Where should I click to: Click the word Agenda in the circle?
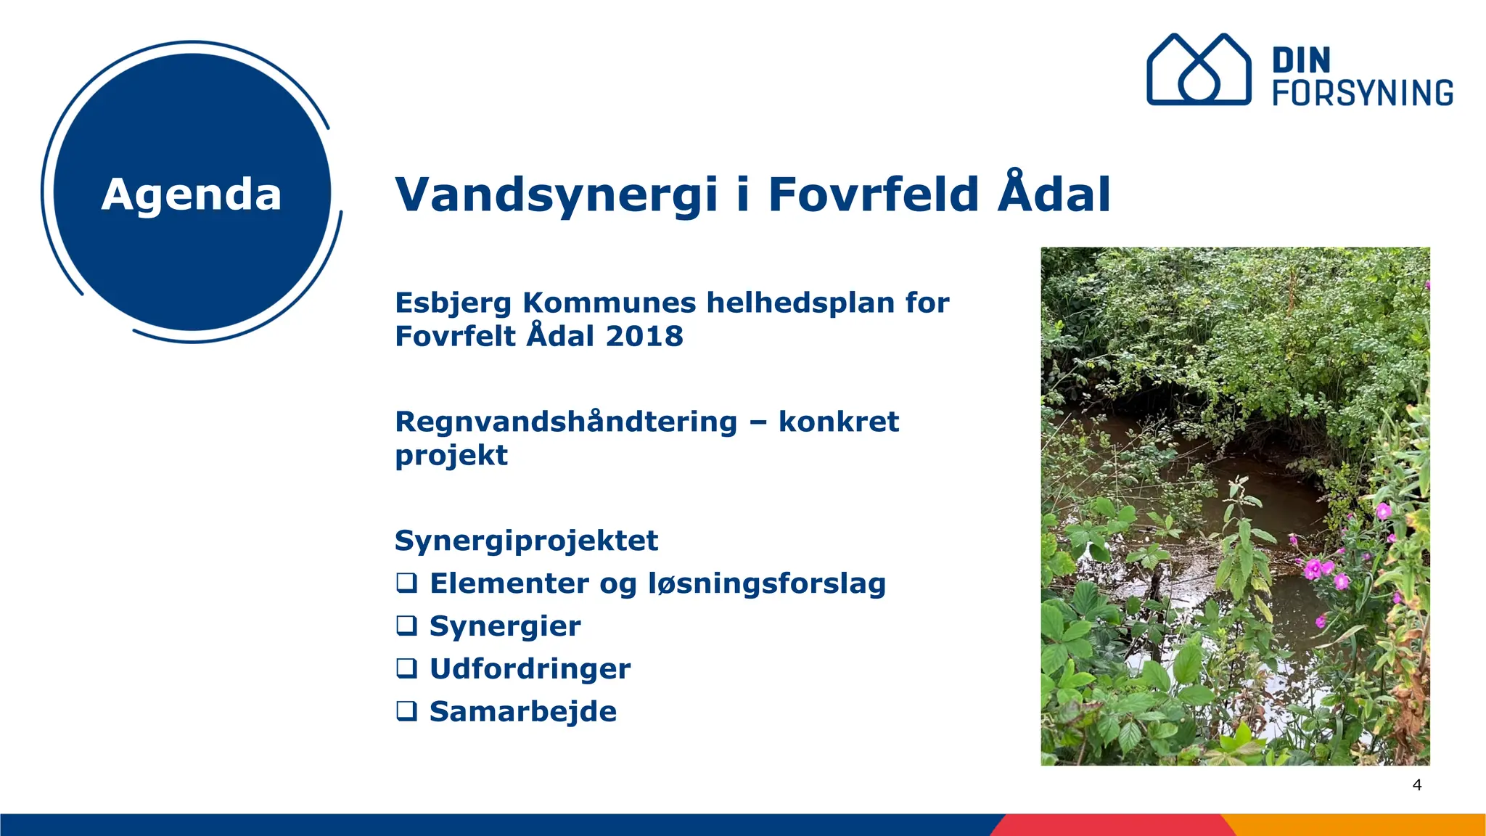coord(192,194)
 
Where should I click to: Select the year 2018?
coord(644,336)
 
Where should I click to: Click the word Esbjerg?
coord(453,303)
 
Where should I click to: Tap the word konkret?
coord(839,422)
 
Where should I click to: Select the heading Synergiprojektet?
coord(526,541)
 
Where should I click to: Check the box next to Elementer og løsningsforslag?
coord(407,583)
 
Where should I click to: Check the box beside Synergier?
coord(407,626)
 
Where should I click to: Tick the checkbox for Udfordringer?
coord(407,668)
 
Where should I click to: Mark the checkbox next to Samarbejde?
coord(407,711)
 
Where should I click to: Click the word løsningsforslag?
coord(766,583)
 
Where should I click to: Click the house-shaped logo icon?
coord(1199,70)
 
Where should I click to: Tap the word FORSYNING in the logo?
coord(1363,93)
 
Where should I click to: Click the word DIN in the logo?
coord(1301,60)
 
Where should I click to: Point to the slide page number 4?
coord(1417,784)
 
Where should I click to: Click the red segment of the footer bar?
coord(1110,825)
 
